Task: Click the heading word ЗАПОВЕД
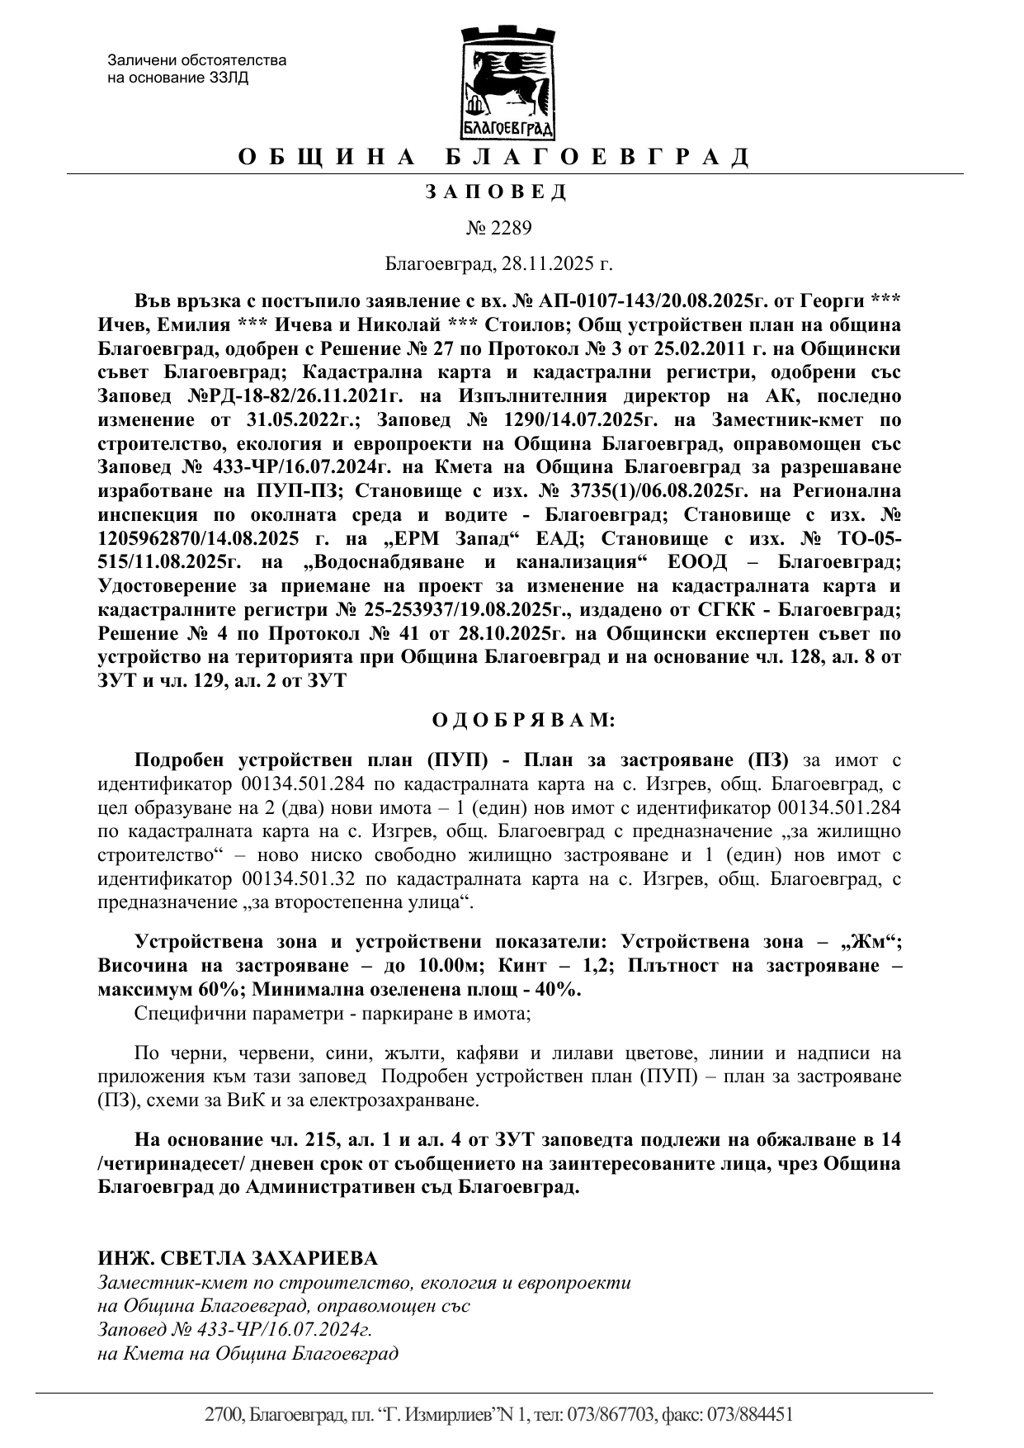pyautogui.click(x=496, y=192)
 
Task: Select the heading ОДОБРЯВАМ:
pyautogui.click(x=524, y=720)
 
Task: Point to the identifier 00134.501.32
pyautogui.click(x=299, y=880)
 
